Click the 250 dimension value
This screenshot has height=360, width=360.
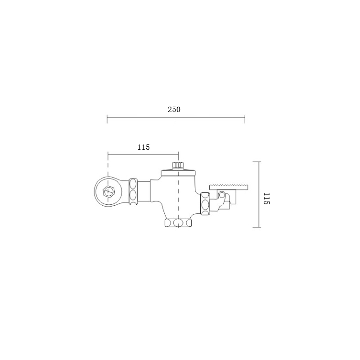[174, 109]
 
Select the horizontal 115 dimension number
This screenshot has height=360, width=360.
[144, 147]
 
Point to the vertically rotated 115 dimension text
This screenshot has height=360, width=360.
[267, 198]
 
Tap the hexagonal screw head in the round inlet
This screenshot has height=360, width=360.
[109, 191]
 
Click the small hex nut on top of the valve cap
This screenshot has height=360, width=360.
[178, 166]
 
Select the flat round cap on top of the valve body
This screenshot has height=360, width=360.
[178, 172]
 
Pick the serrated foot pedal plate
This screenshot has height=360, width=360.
[229, 187]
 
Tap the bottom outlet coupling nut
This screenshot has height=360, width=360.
[178, 223]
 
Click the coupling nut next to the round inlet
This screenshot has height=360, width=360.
[133, 192]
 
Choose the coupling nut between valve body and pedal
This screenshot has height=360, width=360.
[205, 204]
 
